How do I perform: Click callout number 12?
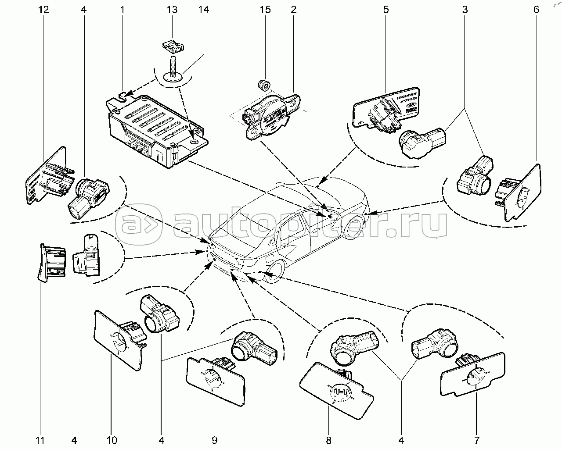43,9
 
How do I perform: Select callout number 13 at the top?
173,9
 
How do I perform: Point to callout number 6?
536,9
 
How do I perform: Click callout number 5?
385,9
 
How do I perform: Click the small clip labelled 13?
172,45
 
